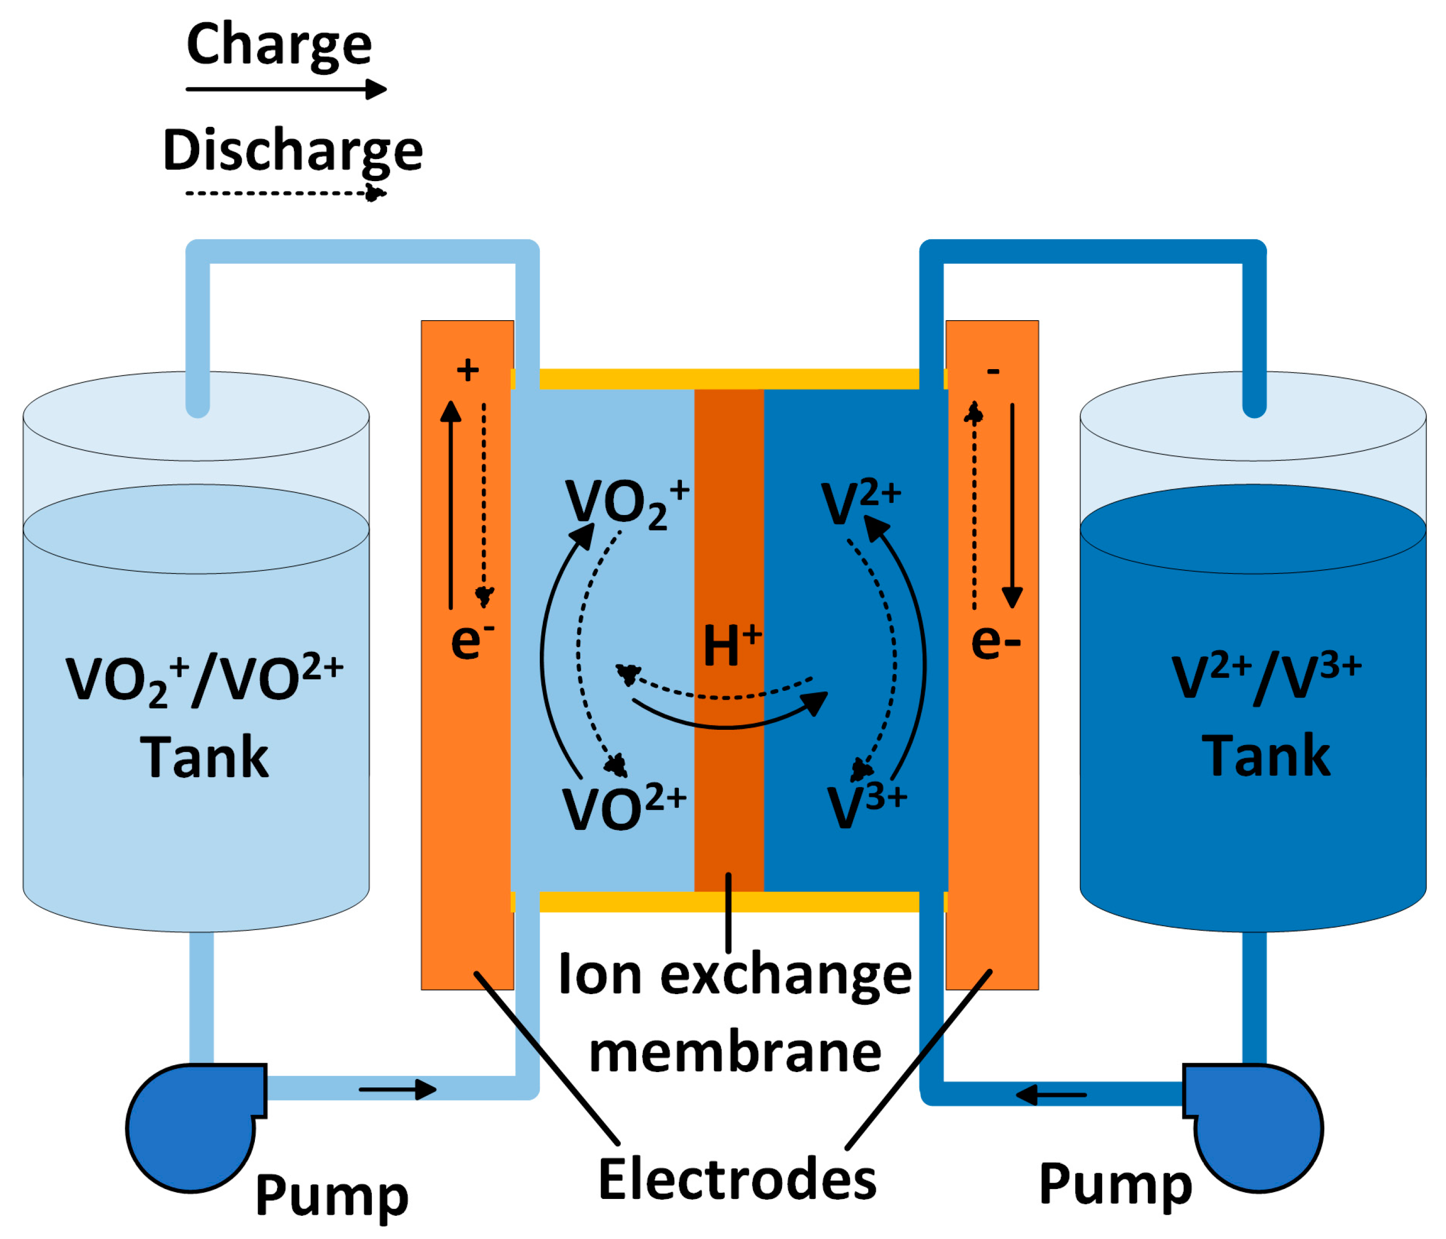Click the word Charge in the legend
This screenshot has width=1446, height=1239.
click(x=279, y=45)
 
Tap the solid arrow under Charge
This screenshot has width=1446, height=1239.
click(x=286, y=90)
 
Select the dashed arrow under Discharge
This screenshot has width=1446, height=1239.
click(x=285, y=193)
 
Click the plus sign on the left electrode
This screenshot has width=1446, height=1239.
click(x=468, y=371)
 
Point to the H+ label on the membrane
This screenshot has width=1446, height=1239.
click(x=731, y=643)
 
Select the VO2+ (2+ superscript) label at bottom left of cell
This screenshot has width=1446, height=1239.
click(x=623, y=808)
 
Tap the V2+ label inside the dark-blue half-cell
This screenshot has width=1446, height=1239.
click(x=860, y=501)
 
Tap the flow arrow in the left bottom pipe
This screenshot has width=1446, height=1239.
click(x=398, y=1089)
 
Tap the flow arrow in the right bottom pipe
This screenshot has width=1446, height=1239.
click(x=1051, y=1095)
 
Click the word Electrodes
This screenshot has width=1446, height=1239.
click(x=737, y=1179)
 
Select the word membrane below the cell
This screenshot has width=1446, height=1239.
click(x=735, y=1053)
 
